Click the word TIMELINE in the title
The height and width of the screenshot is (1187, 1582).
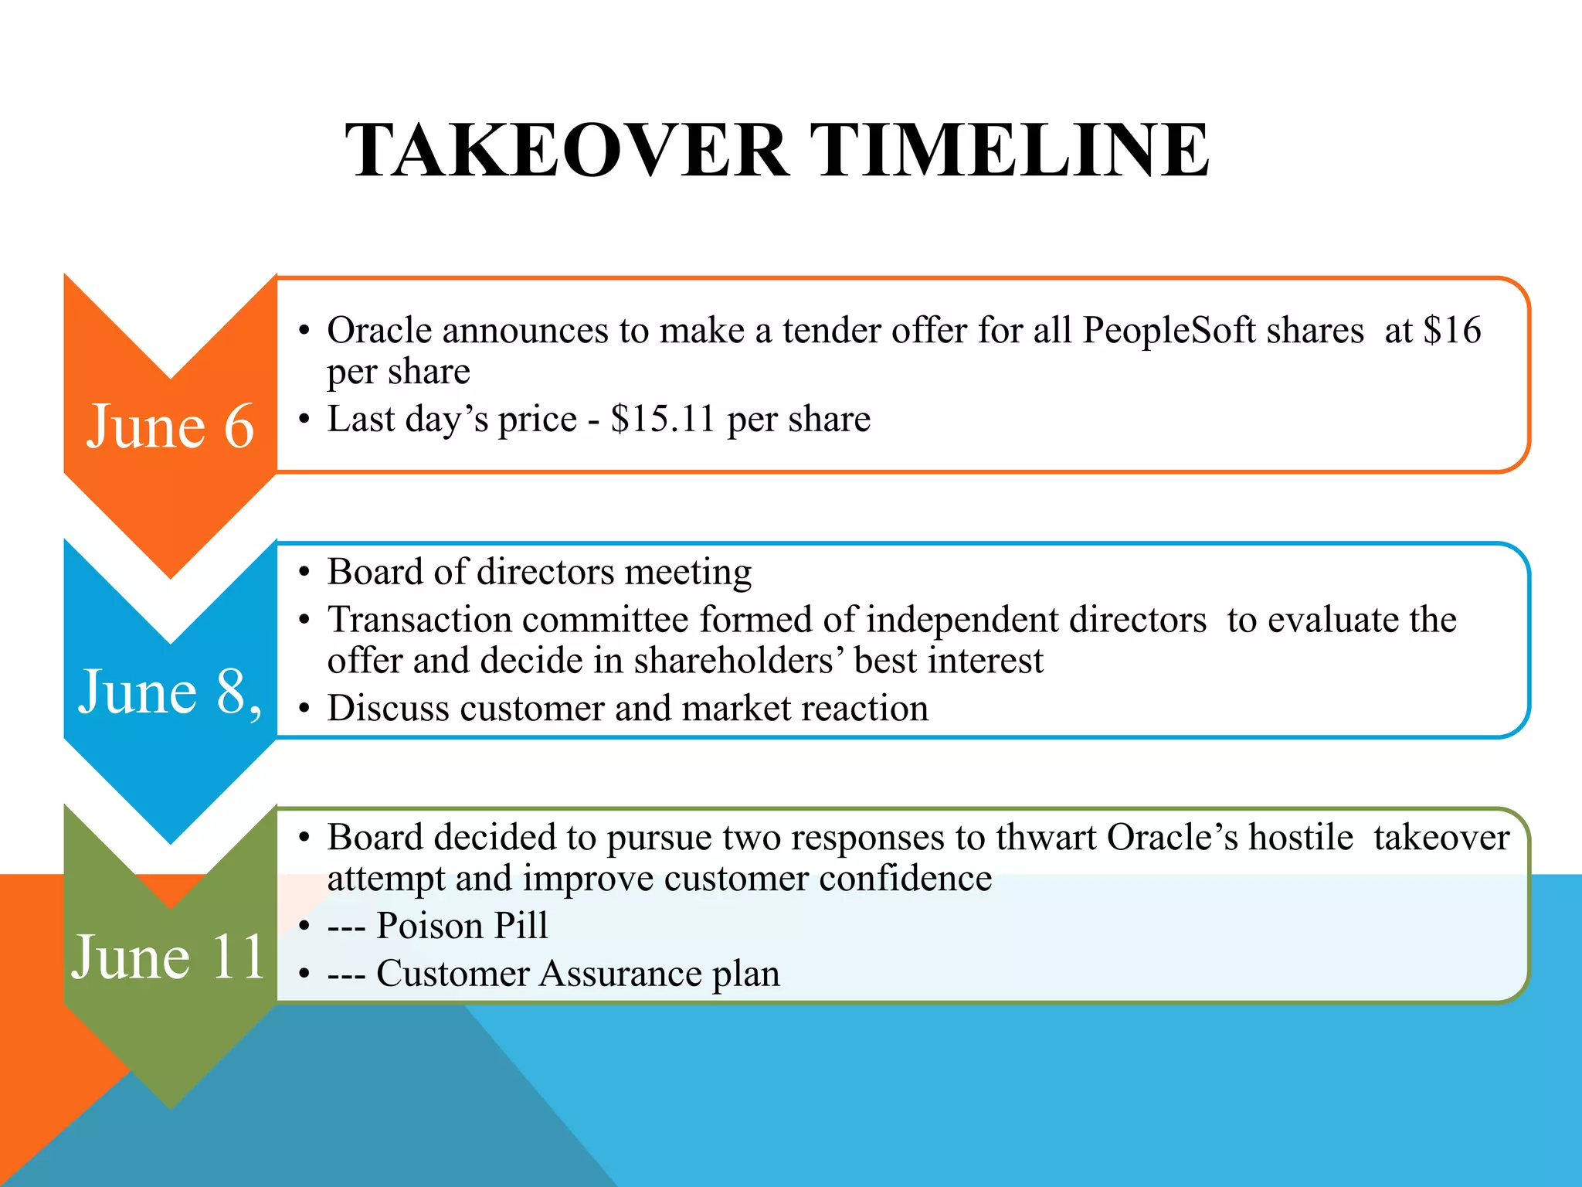pos(1010,151)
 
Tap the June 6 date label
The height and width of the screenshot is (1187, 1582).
pos(170,427)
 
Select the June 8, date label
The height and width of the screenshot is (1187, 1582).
pos(170,692)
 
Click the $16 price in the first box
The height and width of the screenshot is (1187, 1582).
pos(1452,331)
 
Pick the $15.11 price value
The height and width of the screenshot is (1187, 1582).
pos(663,420)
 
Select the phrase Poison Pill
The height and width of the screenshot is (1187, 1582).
pos(462,926)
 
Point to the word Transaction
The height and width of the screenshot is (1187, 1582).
pos(419,620)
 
